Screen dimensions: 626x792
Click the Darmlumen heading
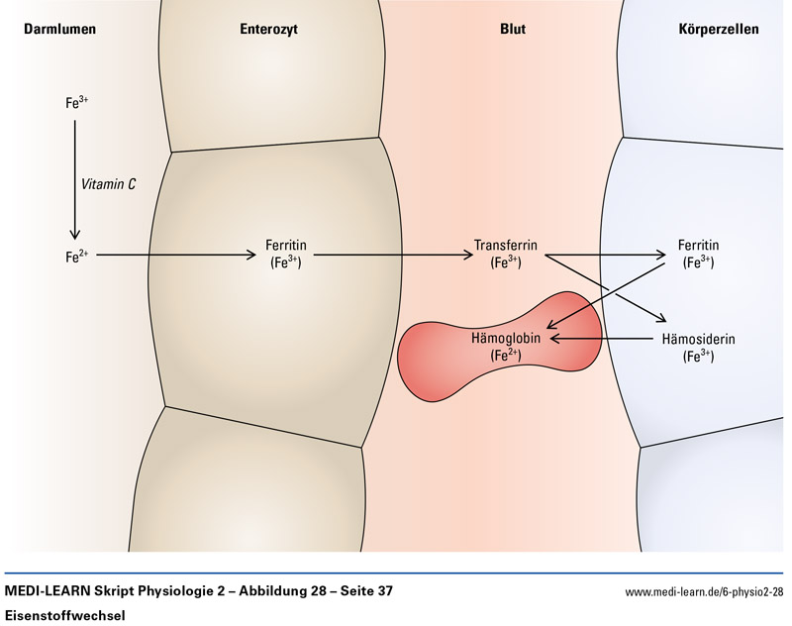(59, 30)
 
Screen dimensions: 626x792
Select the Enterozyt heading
(268, 30)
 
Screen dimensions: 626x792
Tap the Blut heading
(512, 30)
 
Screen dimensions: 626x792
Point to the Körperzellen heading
(721, 30)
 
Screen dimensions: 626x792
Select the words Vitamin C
(108, 183)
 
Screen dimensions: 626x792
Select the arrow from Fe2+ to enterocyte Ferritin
(173, 256)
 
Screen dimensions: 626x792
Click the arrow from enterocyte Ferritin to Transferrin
(391, 256)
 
